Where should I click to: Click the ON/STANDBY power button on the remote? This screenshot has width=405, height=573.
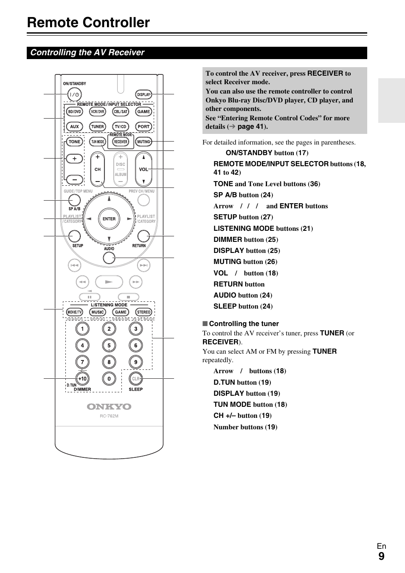[x=75, y=94]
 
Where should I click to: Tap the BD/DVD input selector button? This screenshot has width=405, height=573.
[x=74, y=112]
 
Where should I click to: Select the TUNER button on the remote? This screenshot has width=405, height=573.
[x=97, y=127]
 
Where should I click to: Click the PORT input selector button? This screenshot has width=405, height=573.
[x=143, y=127]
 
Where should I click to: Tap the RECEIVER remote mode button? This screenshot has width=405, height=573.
[x=121, y=142]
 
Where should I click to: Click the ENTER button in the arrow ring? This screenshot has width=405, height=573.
[x=109, y=219]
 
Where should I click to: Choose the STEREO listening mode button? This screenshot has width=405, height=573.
[x=144, y=312]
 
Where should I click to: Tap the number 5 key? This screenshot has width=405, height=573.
[x=109, y=346]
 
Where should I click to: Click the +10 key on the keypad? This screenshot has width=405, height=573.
[x=82, y=378]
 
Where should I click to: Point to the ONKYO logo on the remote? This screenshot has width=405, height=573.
[x=109, y=407]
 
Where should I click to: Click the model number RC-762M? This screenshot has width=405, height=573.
[x=109, y=416]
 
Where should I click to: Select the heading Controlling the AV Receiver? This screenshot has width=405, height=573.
[x=87, y=53]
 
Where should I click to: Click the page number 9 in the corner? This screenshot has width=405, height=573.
[x=381, y=556]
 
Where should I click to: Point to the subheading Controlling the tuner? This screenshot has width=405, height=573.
[x=244, y=324]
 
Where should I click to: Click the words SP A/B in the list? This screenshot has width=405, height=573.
[x=225, y=195]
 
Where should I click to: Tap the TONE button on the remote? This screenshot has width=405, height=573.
[x=74, y=142]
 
